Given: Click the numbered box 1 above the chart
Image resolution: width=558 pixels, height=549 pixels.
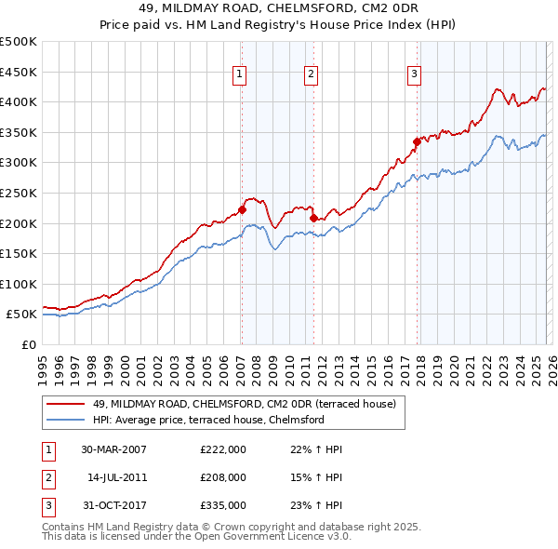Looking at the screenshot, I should (x=240, y=74).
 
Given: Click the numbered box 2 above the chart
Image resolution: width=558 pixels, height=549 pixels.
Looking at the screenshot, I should (x=311, y=74).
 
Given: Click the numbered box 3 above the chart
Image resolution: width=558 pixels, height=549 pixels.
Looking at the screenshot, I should (x=414, y=74).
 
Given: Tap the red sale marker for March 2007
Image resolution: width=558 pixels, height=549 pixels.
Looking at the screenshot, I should (x=242, y=210).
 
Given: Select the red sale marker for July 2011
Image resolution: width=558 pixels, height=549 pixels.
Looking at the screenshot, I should (x=313, y=218).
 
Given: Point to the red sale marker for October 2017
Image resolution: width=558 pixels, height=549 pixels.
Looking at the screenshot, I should (x=417, y=141).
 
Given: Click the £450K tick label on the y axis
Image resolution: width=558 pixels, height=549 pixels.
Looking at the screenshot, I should (x=19, y=72).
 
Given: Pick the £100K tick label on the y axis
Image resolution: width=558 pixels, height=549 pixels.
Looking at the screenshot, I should (x=19, y=284).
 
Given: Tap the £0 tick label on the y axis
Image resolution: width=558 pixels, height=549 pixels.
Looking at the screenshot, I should (x=30, y=344).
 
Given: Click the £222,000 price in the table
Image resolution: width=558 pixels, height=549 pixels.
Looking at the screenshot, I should (x=222, y=449).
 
